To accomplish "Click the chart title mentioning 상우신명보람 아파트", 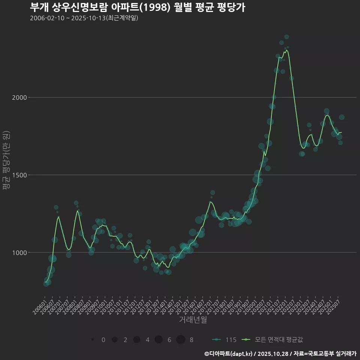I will tap(137, 7).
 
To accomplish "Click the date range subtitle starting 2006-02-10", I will tap(84, 18).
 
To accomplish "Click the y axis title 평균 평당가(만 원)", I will tap(6, 161).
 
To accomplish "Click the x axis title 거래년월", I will tap(193, 319).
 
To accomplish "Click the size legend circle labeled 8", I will tap(181, 340).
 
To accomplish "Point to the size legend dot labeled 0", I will tap(92, 340).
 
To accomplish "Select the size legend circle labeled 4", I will tap(136, 340).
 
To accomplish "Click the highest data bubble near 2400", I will tap(286, 37).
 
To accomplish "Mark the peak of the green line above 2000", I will tap(286, 50).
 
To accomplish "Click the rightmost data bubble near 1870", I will tap(342, 117).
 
